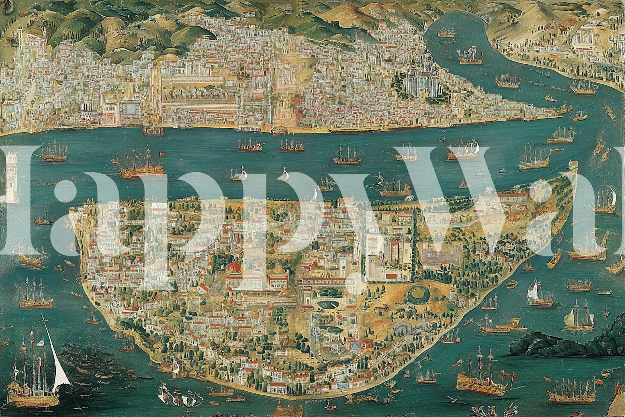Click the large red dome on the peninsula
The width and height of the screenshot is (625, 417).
(234, 268)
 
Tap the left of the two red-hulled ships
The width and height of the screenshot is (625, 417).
(250, 146)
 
